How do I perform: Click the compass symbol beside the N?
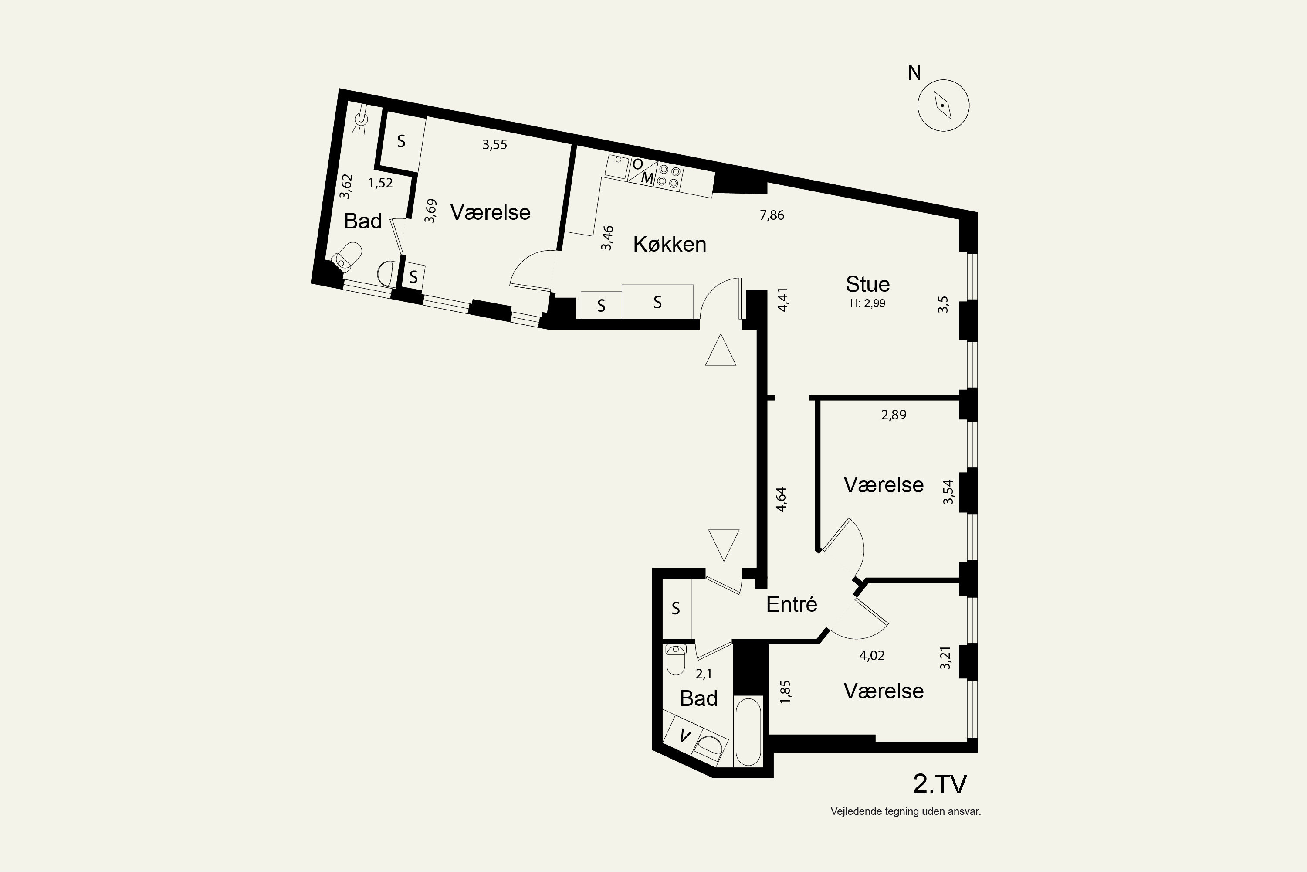coord(943,105)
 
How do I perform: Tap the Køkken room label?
coord(670,244)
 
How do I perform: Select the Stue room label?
coord(867,284)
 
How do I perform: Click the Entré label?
coord(791,604)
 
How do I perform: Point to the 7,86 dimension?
coord(772,215)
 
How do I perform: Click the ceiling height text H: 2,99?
coord(867,303)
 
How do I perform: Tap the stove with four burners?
coord(668,176)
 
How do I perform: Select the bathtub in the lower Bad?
coord(748,731)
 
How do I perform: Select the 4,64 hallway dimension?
coord(781,499)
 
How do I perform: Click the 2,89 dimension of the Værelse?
coord(894,415)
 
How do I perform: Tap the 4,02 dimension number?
coord(872,656)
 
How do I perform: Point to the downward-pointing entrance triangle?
coord(724,545)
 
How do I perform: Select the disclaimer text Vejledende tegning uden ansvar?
coord(906,811)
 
